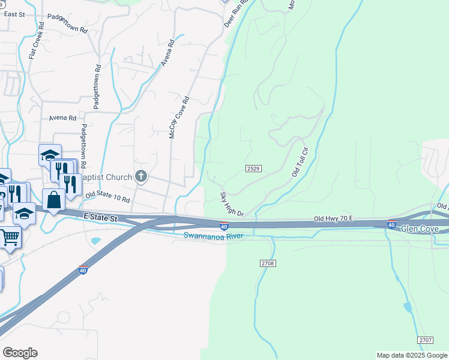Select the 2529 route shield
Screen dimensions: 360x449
click(x=253, y=169)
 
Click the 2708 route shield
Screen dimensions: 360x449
click(x=268, y=263)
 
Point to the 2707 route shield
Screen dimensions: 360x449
click(x=426, y=340)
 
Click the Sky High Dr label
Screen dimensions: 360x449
click(x=232, y=205)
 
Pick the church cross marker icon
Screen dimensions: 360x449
click(x=141, y=176)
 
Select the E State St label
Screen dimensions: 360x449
click(x=100, y=217)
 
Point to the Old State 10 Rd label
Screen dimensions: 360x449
click(x=107, y=195)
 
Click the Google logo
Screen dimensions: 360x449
click(x=20, y=353)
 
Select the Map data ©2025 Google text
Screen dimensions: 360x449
click(x=411, y=355)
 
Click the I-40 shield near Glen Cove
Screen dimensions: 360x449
click(x=391, y=225)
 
